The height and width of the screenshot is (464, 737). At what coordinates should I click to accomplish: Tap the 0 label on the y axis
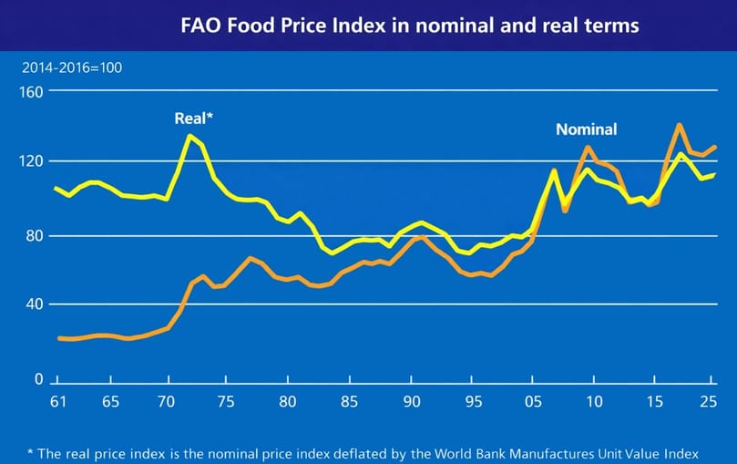point(37,378)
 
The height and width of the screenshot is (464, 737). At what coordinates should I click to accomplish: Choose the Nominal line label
point(586,129)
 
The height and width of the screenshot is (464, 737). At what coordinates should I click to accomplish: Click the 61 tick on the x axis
point(56,402)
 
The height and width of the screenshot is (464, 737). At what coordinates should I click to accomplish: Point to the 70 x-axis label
point(167,402)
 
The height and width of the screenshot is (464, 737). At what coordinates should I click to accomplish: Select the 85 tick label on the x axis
point(351,402)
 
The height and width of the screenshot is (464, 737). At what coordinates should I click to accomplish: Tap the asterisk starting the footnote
point(31,451)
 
